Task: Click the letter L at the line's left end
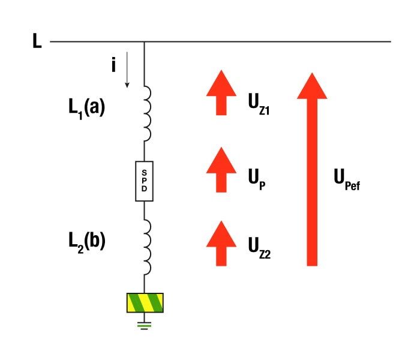(x=37, y=42)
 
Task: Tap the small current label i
(x=113, y=65)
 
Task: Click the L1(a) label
(x=86, y=108)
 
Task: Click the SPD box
(x=144, y=181)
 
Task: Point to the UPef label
(x=347, y=179)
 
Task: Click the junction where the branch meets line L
(x=144, y=42)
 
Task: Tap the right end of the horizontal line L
(x=390, y=42)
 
